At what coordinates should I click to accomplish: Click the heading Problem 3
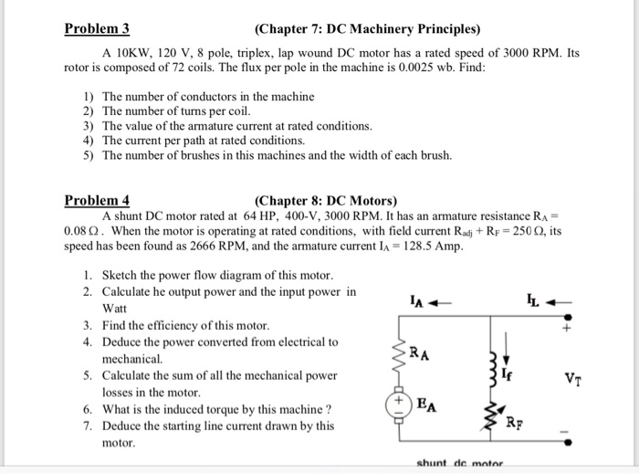[97, 27]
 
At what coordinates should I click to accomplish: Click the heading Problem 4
[97, 200]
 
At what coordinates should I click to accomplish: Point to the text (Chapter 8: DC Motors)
[326, 200]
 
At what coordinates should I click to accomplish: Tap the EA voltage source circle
[399, 403]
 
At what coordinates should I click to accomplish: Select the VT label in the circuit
[573, 377]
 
